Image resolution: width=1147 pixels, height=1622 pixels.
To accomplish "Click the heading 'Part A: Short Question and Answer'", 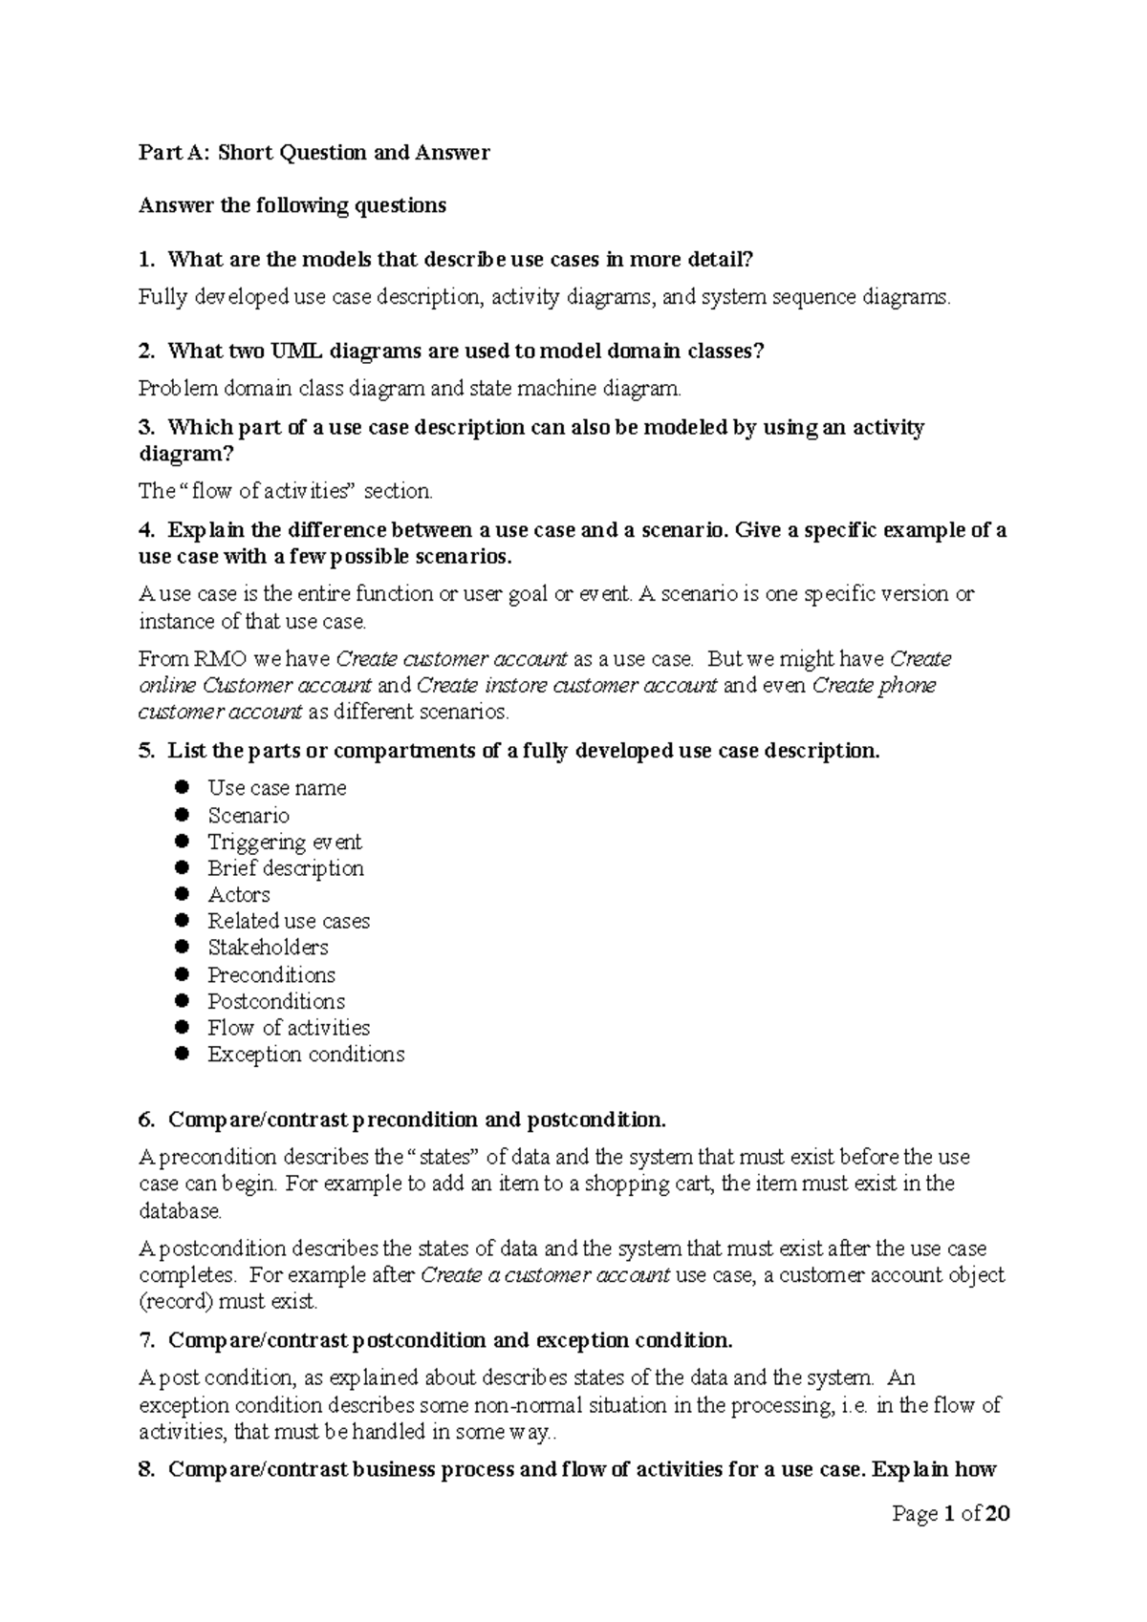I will click(314, 153).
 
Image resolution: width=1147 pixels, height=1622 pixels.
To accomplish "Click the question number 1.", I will click(145, 260).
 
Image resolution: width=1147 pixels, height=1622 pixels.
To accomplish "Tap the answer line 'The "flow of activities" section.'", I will click(286, 492).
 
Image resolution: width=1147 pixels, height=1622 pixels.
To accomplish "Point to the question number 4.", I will click(145, 531).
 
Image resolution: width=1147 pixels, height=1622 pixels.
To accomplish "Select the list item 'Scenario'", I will click(249, 816).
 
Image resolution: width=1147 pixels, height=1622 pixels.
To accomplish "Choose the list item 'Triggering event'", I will click(285, 843).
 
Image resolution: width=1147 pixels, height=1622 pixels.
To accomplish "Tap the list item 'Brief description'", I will click(286, 868).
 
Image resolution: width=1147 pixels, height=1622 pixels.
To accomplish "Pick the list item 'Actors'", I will click(239, 895).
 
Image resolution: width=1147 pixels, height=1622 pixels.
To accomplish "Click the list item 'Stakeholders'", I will click(268, 948).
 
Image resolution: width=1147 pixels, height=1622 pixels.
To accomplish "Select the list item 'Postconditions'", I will click(276, 1002).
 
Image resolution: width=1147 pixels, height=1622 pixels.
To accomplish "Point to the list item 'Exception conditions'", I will click(306, 1055).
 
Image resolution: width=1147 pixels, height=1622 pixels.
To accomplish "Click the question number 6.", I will click(145, 1120).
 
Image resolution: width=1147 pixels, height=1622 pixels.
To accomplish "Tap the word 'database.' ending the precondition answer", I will click(180, 1212).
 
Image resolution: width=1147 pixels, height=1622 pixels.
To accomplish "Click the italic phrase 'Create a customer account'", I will click(545, 1276).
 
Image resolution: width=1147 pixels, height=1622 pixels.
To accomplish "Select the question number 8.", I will click(145, 1470).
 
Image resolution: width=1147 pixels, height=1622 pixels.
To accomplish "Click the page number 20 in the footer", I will click(997, 1515).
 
